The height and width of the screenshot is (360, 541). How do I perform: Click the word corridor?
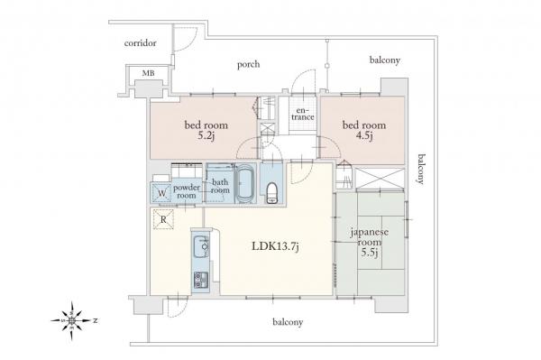(x=141, y=43)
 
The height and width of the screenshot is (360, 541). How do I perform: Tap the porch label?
(x=248, y=64)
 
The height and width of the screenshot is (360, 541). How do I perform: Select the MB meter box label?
(x=149, y=73)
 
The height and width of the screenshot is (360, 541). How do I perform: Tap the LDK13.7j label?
(x=275, y=246)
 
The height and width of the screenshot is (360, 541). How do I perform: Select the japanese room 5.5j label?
(x=369, y=242)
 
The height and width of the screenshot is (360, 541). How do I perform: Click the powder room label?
(x=187, y=191)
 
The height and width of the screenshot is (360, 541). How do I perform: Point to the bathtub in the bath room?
(x=245, y=185)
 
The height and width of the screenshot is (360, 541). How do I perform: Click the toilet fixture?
(x=271, y=193)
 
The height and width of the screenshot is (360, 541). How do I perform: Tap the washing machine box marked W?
(x=161, y=192)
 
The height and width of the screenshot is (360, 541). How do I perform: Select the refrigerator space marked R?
(x=163, y=219)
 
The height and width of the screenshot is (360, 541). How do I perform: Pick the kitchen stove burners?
(x=201, y=281)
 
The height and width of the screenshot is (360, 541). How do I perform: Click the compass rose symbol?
(x=72, y=320)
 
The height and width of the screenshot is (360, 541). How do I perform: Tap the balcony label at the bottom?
(x=288, y=322)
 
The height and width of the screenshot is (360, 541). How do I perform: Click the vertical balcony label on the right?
(x=421, y=169)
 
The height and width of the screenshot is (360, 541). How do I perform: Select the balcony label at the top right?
(x=385, y=60)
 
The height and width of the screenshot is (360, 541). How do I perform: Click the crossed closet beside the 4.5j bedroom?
(x=380, y=179)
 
